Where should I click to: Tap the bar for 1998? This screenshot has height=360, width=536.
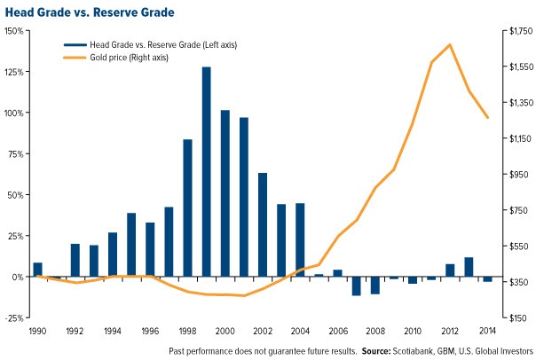coord(187,207)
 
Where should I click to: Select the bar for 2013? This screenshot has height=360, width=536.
coord(469,267)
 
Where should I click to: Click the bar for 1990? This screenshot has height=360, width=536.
coord(37,270)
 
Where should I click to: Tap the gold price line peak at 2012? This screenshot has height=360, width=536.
coord(450,44)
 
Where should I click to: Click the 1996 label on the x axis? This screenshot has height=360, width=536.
coord(150,330)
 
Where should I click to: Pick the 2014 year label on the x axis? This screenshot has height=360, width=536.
coord(487,330)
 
